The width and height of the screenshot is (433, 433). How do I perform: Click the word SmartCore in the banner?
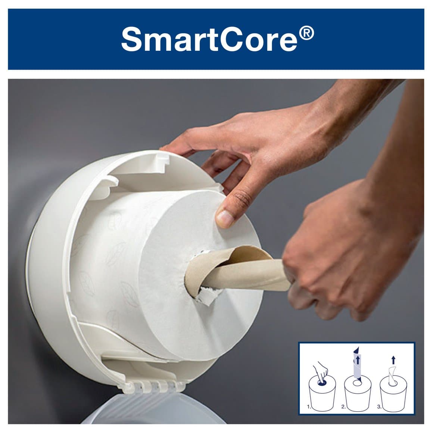click(x=209, y=40)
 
